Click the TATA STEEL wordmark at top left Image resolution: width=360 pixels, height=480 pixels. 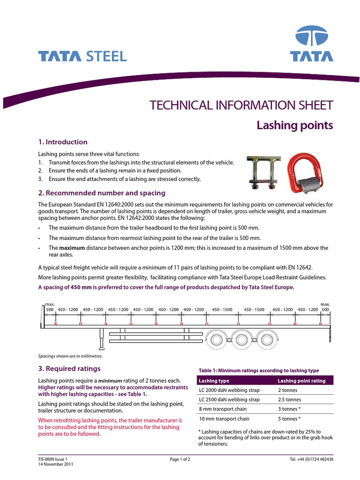click(x=82, y=57)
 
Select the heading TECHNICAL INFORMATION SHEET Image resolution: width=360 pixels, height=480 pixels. click(x=241, y=105)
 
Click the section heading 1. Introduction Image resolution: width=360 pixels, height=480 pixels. click(x=62, y=142)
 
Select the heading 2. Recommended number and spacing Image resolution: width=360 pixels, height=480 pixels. click(x=101, y=193)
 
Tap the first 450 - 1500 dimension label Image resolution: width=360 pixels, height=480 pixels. click(x=222, y=310)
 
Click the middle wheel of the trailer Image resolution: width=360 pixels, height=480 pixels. click(x=240, y=339)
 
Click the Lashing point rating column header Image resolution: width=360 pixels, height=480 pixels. click(x=301, y=381)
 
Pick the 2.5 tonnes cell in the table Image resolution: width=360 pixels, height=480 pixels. click(x=290, y=400)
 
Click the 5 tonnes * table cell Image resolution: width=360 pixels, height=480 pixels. click(x=289, y=419)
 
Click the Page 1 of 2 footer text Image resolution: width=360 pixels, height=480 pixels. click(x=180, y=459)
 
